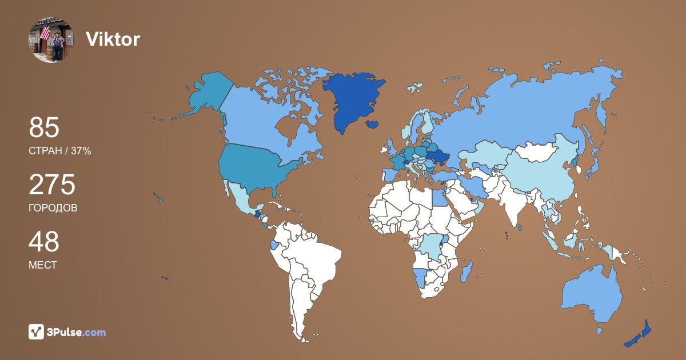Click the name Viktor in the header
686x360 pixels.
[113, 39]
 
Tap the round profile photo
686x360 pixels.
[51, 39]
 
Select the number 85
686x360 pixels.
[44, 128]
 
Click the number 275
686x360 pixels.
[52, 185]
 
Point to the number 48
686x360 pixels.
[44, 242]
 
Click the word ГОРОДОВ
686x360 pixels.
[53, 208]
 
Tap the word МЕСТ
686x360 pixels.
[42, 265]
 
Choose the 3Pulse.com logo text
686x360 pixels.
[77, 332]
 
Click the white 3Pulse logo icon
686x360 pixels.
[37, 332]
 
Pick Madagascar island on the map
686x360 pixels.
[466, 271]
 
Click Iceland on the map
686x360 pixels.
[372, 124]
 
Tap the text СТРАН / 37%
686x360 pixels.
[59, 151]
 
